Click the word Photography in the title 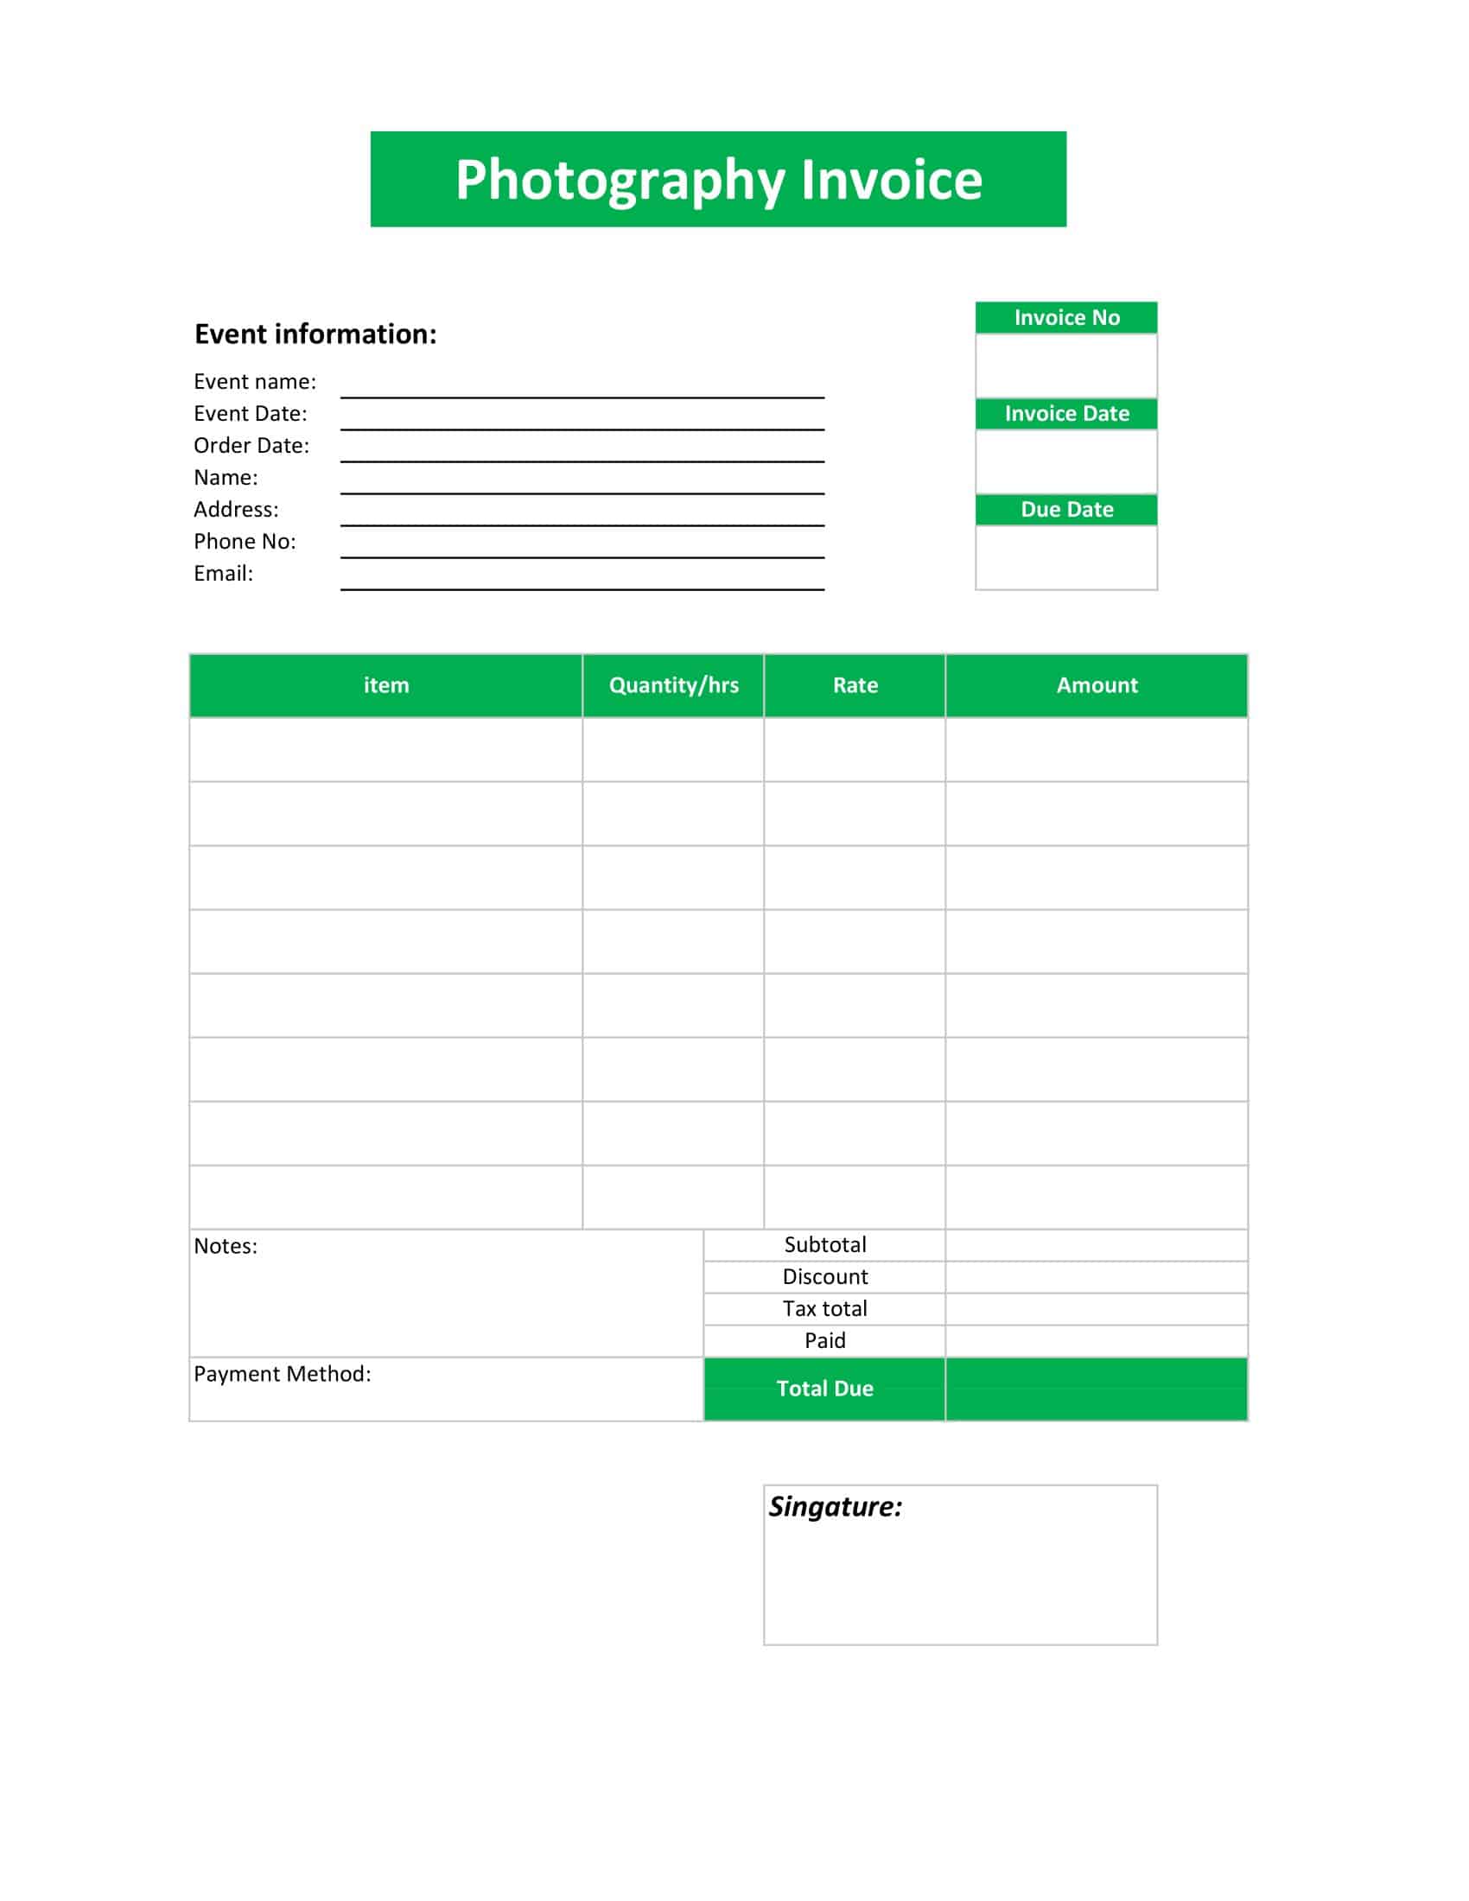(620, 181)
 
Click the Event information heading (315, 334)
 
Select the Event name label (254, 381)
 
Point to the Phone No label (245, 542)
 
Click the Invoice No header (1066, 318)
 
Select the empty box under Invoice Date (1066, 461)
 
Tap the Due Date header (1066, 509)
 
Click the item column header (385, 685)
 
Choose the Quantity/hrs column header (674, 685)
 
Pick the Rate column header (855, 685)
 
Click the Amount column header (1097, 685)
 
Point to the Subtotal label (825, 1244)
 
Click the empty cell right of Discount (1097, 1277)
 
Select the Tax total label (825, 1308)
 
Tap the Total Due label (825, 1389)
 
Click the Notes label (226, 1246)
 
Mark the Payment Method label (282, 1374)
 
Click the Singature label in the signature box (835, 1507)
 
